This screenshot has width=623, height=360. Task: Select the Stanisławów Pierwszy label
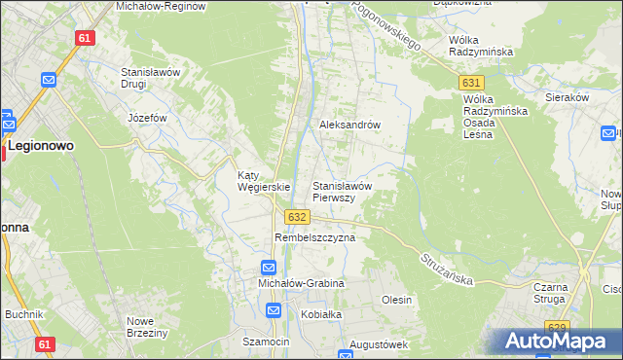pyautogui.click(x=342, y=191)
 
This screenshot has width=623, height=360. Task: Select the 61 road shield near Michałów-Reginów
pyautogui.click(x=84, y=38)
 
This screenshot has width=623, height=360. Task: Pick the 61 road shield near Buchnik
pyautogui.click(x=44, y=344)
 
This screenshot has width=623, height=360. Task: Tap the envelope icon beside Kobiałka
pyautogui.click(x=275, y=311)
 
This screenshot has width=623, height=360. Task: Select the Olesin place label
pyautogui.click(x=396, y=300)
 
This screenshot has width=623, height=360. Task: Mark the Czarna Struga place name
pyautogui.click(x=558, y=294)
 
